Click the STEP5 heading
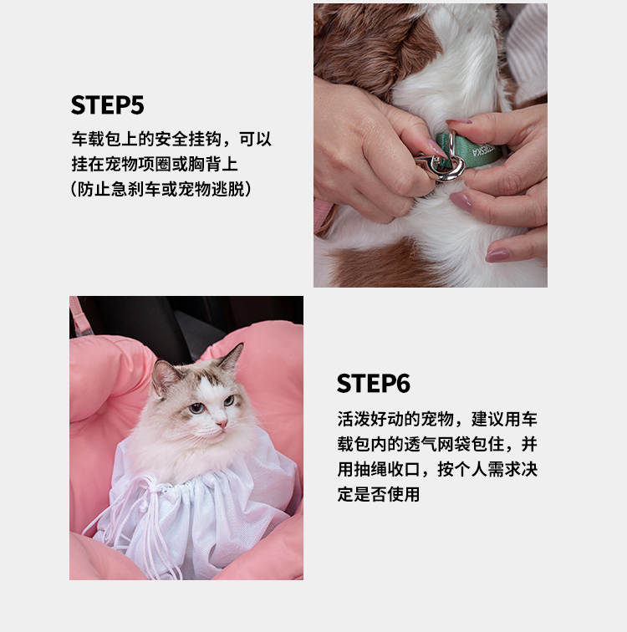point(107,105)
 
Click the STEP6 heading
point(373,384)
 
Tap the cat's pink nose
point(222,424)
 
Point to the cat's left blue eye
point(196,408)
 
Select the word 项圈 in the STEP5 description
point(155,164)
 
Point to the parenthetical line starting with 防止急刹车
point(161,189)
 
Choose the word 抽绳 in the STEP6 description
point(370,469)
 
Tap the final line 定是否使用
point(379,494)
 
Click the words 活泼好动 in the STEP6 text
point(370,419)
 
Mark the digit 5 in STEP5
point(137,105)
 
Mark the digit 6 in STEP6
point(403,384)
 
